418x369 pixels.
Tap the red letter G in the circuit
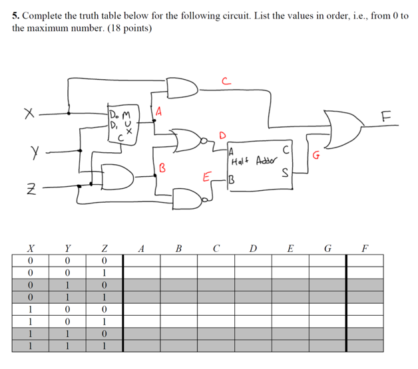click(316, 156)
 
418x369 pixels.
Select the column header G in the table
click(326, 249)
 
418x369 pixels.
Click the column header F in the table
click(363, 249)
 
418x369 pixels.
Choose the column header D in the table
click(252, 249)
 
